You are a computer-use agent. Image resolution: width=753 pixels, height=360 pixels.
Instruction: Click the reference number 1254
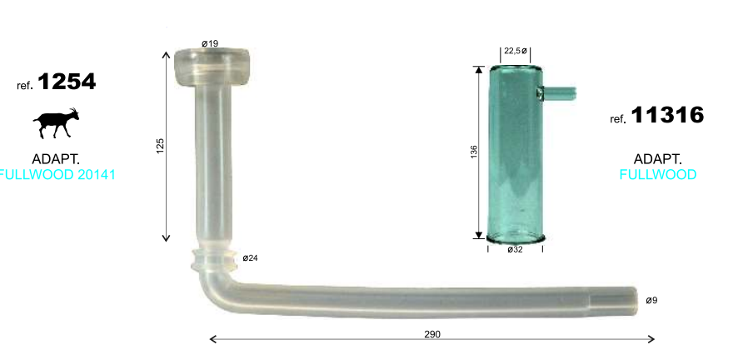pos(67,82)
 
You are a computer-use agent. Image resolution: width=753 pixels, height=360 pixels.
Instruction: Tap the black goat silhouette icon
pos(56,123)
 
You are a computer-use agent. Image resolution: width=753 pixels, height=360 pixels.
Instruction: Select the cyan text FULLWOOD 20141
pos(57,174)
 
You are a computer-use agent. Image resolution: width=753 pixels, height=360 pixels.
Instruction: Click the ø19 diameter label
pos(210,43)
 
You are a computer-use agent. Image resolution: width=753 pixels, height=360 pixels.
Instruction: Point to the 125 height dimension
pos(161,146)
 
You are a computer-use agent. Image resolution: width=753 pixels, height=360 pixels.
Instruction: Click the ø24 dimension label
pos(250,258)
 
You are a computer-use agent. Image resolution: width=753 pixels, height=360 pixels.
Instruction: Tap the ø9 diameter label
pos(651,300)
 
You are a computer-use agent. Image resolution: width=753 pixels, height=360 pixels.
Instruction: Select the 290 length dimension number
pos(432,334)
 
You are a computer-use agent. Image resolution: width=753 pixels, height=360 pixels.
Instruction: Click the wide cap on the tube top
pos(212,67)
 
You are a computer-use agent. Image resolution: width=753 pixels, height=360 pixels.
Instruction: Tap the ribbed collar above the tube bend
pos(214,259)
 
